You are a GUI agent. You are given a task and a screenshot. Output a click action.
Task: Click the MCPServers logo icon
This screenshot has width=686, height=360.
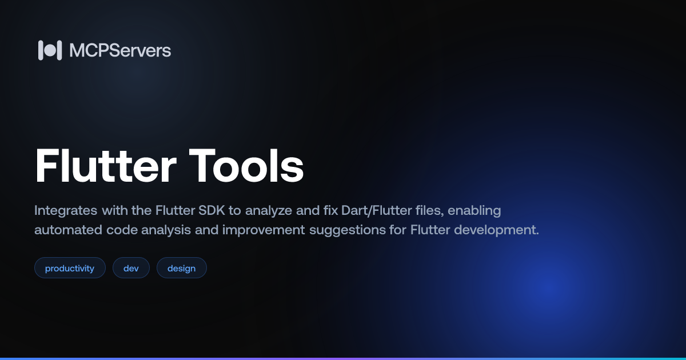pyautogui.click(x=50, y=50)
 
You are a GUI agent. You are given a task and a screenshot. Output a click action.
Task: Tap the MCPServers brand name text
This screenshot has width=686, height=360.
pyautogui.click(x=120, y=50)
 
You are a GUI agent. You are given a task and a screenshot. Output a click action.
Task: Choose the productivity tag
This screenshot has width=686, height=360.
pyautogui.click(x=70, y=268)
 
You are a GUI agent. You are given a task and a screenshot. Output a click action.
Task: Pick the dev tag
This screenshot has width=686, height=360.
pyautogui.click(x=131, y=268)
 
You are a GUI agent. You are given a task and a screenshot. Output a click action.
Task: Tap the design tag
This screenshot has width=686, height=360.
pyautogui.click(x=182, y=268)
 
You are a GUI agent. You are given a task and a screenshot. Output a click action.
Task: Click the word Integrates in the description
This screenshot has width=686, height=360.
pyautogui.click(x=66, y=211)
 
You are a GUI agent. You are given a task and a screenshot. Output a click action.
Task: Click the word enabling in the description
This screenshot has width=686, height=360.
pyautogui.click(x=474, y=211)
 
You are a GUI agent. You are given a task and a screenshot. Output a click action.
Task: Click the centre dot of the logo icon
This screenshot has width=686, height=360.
pyautogui.click(x=50, y=50)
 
